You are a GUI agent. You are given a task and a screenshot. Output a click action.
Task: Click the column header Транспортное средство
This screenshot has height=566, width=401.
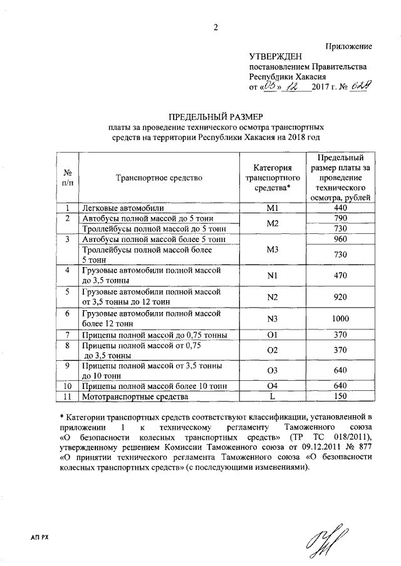point(159,178)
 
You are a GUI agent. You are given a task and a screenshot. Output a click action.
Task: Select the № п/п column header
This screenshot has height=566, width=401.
point(67,178)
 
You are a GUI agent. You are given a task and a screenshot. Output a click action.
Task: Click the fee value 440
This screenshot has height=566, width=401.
point(340,208)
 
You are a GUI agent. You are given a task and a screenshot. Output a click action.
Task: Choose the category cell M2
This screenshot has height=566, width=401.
point(272,224)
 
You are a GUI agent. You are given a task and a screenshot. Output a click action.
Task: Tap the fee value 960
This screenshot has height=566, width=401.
point(340,240)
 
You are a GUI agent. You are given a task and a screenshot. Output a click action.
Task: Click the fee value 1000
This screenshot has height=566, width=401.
point(340,318)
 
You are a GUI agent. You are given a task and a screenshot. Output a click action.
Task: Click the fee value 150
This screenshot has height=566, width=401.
point(340,397)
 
